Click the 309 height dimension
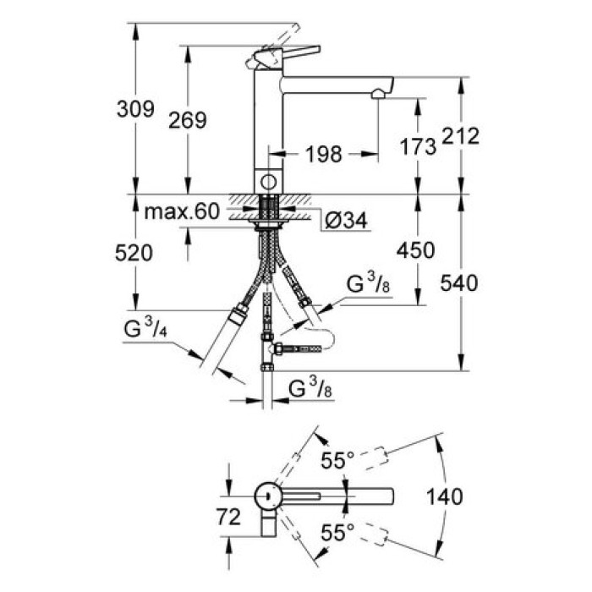(x=136, y=109)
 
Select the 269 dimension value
(x=188, y=120)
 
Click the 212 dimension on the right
(x=462, y=135)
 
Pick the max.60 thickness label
(x=181, y=210)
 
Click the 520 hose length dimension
(x=136, y=252)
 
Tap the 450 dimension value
(x=416, y=250)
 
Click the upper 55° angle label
(x=337, y=461)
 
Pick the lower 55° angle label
(x=337, y=534)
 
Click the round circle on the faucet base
(x=269, y=181)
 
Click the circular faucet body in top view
(x=269, y=496)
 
